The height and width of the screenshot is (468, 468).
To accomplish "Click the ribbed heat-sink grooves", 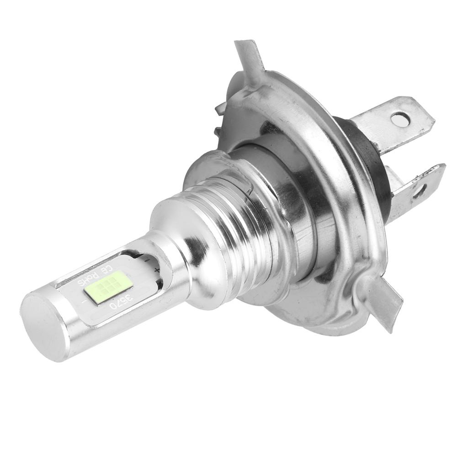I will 229,229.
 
